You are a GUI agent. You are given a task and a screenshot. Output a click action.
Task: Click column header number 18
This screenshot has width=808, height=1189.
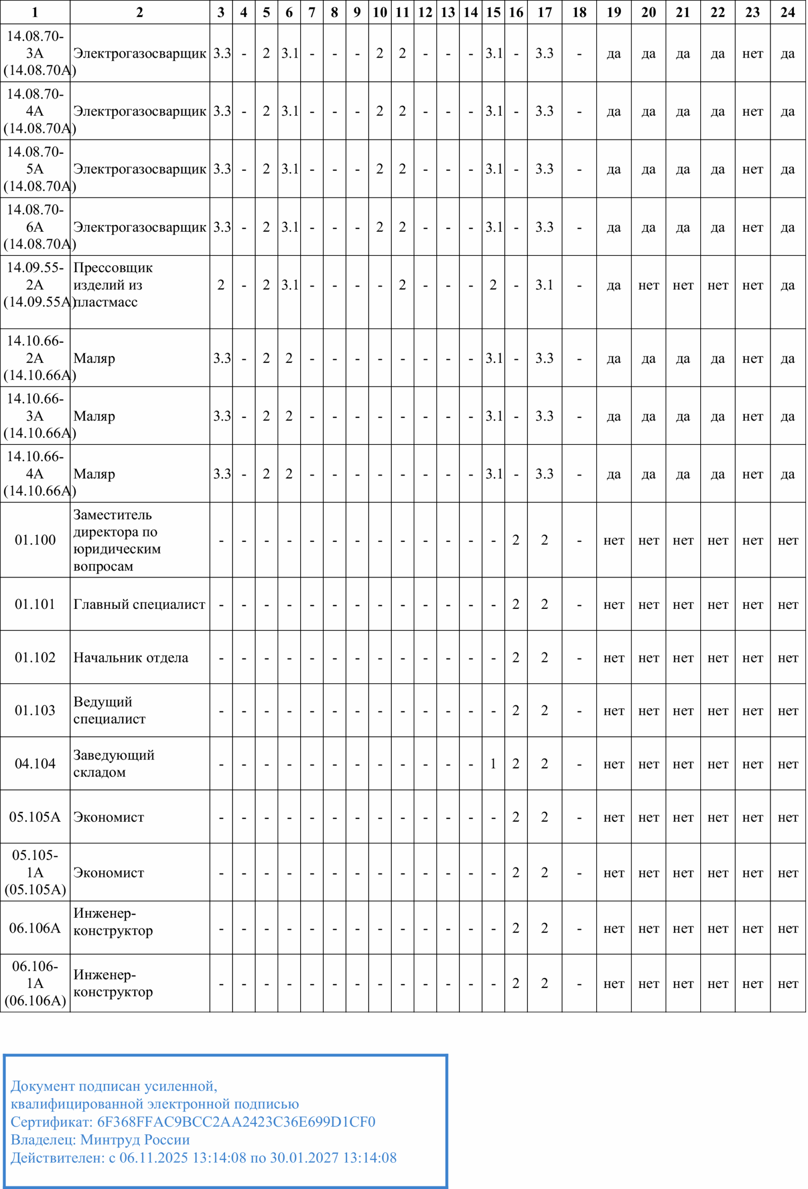click(579, 12)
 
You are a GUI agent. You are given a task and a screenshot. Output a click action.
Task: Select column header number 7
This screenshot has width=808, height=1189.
click(312, 12)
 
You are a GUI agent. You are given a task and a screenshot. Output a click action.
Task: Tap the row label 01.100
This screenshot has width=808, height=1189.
click(35, 540)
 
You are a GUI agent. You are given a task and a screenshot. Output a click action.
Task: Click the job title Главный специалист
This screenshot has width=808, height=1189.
click(139, 604)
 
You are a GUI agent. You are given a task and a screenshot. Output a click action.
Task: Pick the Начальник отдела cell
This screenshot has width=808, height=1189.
click(131, 657)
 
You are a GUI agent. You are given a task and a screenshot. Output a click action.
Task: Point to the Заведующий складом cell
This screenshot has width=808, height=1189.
click(113, 764)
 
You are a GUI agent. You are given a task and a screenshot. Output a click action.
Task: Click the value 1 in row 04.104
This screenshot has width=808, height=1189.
click(493, 764)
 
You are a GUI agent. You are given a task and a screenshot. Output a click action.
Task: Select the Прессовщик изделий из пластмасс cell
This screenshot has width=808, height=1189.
click(112, 285)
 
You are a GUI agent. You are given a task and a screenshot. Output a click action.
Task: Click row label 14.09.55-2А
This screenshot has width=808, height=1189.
click(35, 285)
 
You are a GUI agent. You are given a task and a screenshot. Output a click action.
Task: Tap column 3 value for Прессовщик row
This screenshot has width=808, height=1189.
click(221, 285)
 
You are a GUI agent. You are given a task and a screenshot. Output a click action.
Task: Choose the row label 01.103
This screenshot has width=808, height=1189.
click(35, 710)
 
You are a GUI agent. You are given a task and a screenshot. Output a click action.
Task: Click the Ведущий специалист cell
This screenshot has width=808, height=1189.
click(109, 710)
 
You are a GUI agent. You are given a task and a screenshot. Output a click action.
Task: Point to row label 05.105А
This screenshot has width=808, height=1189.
click(35, 817)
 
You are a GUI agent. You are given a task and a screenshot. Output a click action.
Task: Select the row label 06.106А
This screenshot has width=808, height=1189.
click(35, 928)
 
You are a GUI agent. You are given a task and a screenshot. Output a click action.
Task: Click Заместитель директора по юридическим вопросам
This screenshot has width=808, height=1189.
click(117, 540)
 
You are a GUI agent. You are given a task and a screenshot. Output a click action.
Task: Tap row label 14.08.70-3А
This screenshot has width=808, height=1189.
click(35, 53)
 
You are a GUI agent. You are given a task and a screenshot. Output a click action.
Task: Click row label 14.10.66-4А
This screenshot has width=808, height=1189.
click(35, 474)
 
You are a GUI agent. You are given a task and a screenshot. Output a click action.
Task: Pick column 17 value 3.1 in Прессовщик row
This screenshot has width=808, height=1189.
click(545, 285)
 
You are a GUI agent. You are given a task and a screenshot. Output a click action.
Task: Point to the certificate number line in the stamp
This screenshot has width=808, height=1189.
click(193, 1122)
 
